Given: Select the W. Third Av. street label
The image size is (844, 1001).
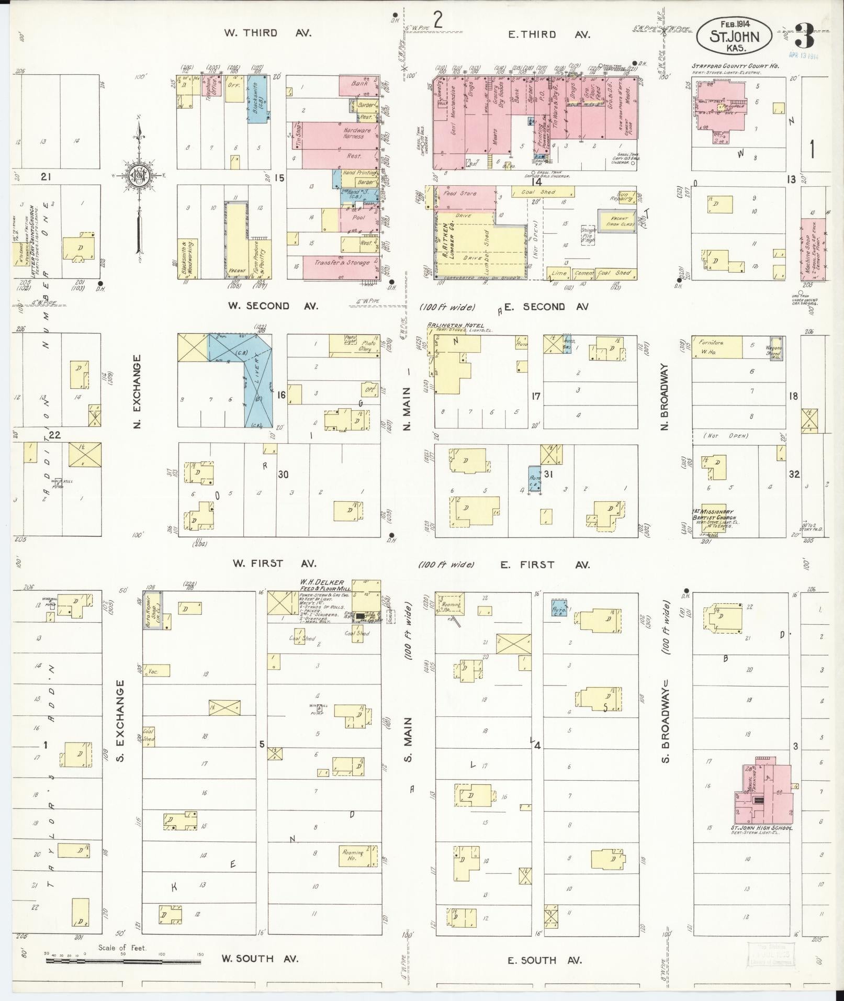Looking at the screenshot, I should (x=267, y=33).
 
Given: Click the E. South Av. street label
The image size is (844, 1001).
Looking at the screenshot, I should (x=544, y=960).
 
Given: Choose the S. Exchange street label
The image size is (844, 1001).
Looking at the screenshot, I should (x=120, y=721).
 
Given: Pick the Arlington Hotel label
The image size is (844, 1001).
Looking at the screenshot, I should (x=455, y=325).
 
